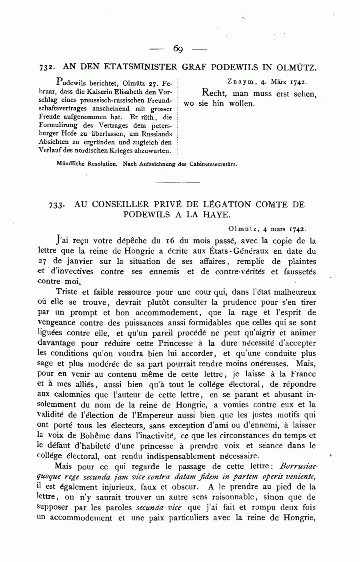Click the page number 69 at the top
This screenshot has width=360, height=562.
click(x=178, y=49)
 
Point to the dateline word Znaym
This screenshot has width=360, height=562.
click(x=241, y=82)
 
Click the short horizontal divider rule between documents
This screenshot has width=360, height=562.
click(x=177, y=183)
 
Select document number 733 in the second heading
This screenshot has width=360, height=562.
click(x=56, y=205)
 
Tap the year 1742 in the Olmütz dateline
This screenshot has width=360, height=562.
click(x=298, y=230)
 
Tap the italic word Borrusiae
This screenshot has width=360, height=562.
click(x=298, y=466)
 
